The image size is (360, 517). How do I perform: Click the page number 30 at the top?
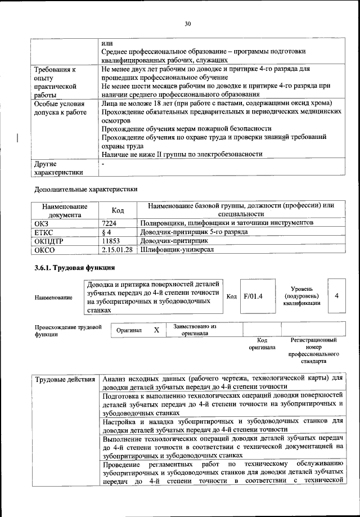point(187,23)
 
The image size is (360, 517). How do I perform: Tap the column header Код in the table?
point(118,210)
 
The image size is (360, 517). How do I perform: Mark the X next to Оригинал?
point(156,330)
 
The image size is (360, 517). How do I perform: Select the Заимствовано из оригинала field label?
point(194,330)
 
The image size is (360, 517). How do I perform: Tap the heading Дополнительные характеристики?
point(85,189)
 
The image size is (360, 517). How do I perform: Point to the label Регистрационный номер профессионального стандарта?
point(313,351)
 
